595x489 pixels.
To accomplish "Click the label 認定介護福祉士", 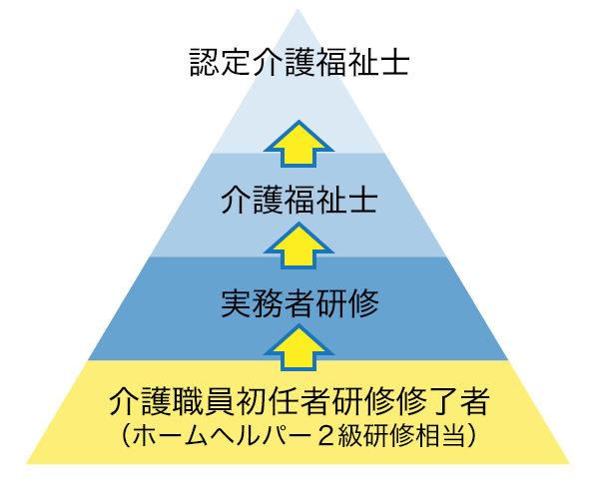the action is pos(299,63).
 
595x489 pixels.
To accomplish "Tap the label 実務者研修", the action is pos(299,303).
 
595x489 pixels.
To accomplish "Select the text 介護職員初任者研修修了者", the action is pos(299,401).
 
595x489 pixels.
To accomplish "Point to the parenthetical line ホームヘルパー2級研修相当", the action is pos(299,435).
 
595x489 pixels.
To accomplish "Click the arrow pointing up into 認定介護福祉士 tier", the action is pos(299,144).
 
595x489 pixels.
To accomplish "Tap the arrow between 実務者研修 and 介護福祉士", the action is pos(299,245).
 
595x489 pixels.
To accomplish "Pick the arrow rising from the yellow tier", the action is pos(299,347).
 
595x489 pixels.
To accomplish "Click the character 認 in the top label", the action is pos(204,63).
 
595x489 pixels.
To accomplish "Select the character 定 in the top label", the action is pos(236,63).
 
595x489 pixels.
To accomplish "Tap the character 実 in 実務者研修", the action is pos(236,303).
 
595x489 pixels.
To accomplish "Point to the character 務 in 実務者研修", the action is pos(268,303).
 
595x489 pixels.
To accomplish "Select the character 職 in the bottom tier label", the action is pos(188,401).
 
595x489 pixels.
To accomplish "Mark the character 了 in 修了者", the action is pos(443,401).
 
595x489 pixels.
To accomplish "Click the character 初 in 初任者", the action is pos(252,401).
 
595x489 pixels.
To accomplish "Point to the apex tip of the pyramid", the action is pos(297,10).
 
